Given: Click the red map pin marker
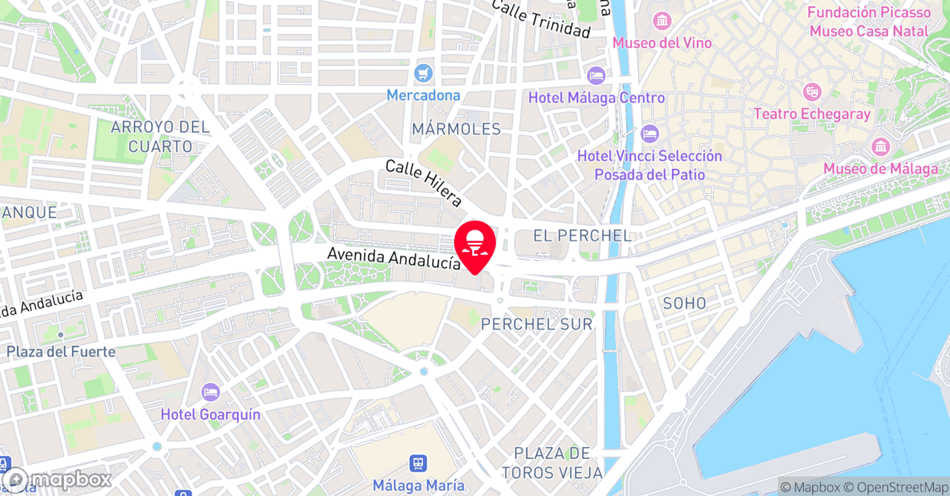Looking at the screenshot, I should (x=475, y=244).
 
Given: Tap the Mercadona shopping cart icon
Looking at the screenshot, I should (x=424, y=73).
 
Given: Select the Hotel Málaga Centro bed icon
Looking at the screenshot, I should (x=596, y=76).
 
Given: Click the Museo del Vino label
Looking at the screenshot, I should (x=662, y=43).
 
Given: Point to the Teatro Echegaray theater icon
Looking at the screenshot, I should (x=813, y=92).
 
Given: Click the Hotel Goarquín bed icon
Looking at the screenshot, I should (x=211, y=392).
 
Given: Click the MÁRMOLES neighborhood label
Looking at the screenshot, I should (x=456, y=129).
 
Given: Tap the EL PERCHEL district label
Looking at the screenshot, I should (x=583, y=236).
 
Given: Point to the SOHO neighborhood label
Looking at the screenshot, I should (x=684, y=303).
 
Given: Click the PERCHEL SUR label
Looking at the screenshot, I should (x=537, y=324).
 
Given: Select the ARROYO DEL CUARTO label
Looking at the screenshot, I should (x=160, y=137).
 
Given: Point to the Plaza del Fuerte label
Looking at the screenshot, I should (x=62, y=351).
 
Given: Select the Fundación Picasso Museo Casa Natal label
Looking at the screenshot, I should (x=868, y=22).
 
